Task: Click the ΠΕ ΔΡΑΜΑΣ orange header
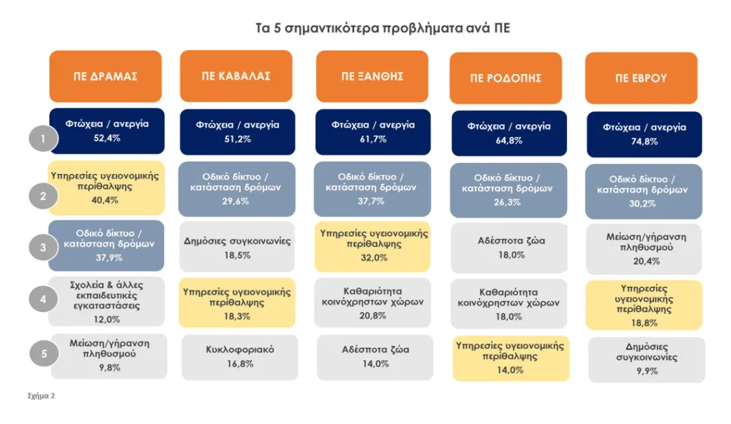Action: pyautogui.click(x=106, y=77)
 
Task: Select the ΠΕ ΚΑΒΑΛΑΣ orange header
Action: pyautogui.click(x=236, y=76)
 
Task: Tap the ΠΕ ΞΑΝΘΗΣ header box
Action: pyautogui.click(x=372, y=76)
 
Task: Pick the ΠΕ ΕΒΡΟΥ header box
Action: pyautogui.click(x=641, y=79)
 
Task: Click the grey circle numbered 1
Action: pyautogui.click(x=43, y=138)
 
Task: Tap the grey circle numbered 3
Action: pyautogui.click(x=43, y=248)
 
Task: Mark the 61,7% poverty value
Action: pyautogui.click(x=372, y=139)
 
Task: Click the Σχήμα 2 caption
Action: pyautogui.click(x=41, y=395)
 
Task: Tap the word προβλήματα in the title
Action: pyautogui.click(x=401, y=29)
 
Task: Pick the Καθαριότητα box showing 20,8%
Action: pyautogui.click(x=372, y=301)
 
